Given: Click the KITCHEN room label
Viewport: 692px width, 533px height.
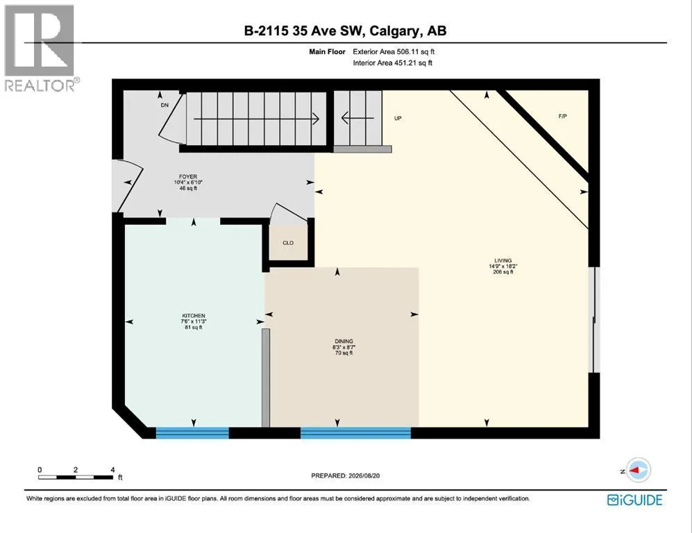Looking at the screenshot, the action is (194, 316).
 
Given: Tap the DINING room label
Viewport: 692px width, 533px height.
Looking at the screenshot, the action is (344, 341).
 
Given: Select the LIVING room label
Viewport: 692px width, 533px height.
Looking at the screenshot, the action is (503, 260).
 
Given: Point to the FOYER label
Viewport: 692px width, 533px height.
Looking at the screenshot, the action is (188, 176).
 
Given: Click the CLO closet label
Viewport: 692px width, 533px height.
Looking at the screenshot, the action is (288, 243).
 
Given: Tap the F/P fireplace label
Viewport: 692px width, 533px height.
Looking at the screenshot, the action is (563, 117).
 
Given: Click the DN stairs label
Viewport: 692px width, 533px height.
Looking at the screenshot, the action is (164, 105).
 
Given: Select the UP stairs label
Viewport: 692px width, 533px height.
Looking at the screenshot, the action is (398, 118).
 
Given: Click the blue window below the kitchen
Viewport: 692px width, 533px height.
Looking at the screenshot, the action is (192, 433).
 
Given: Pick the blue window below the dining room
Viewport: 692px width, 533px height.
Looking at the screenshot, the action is (355, 433).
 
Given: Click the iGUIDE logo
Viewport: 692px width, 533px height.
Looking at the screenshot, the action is (634, 500).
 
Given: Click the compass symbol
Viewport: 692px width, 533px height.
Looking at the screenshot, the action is (638, 471).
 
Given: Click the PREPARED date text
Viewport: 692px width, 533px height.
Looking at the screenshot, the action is (346, 475).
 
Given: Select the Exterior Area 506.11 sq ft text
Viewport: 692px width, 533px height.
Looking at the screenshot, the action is (394, 51).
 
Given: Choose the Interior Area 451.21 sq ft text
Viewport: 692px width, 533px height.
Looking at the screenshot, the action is (392, 63).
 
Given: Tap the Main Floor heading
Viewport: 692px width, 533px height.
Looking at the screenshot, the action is (327, 51).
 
